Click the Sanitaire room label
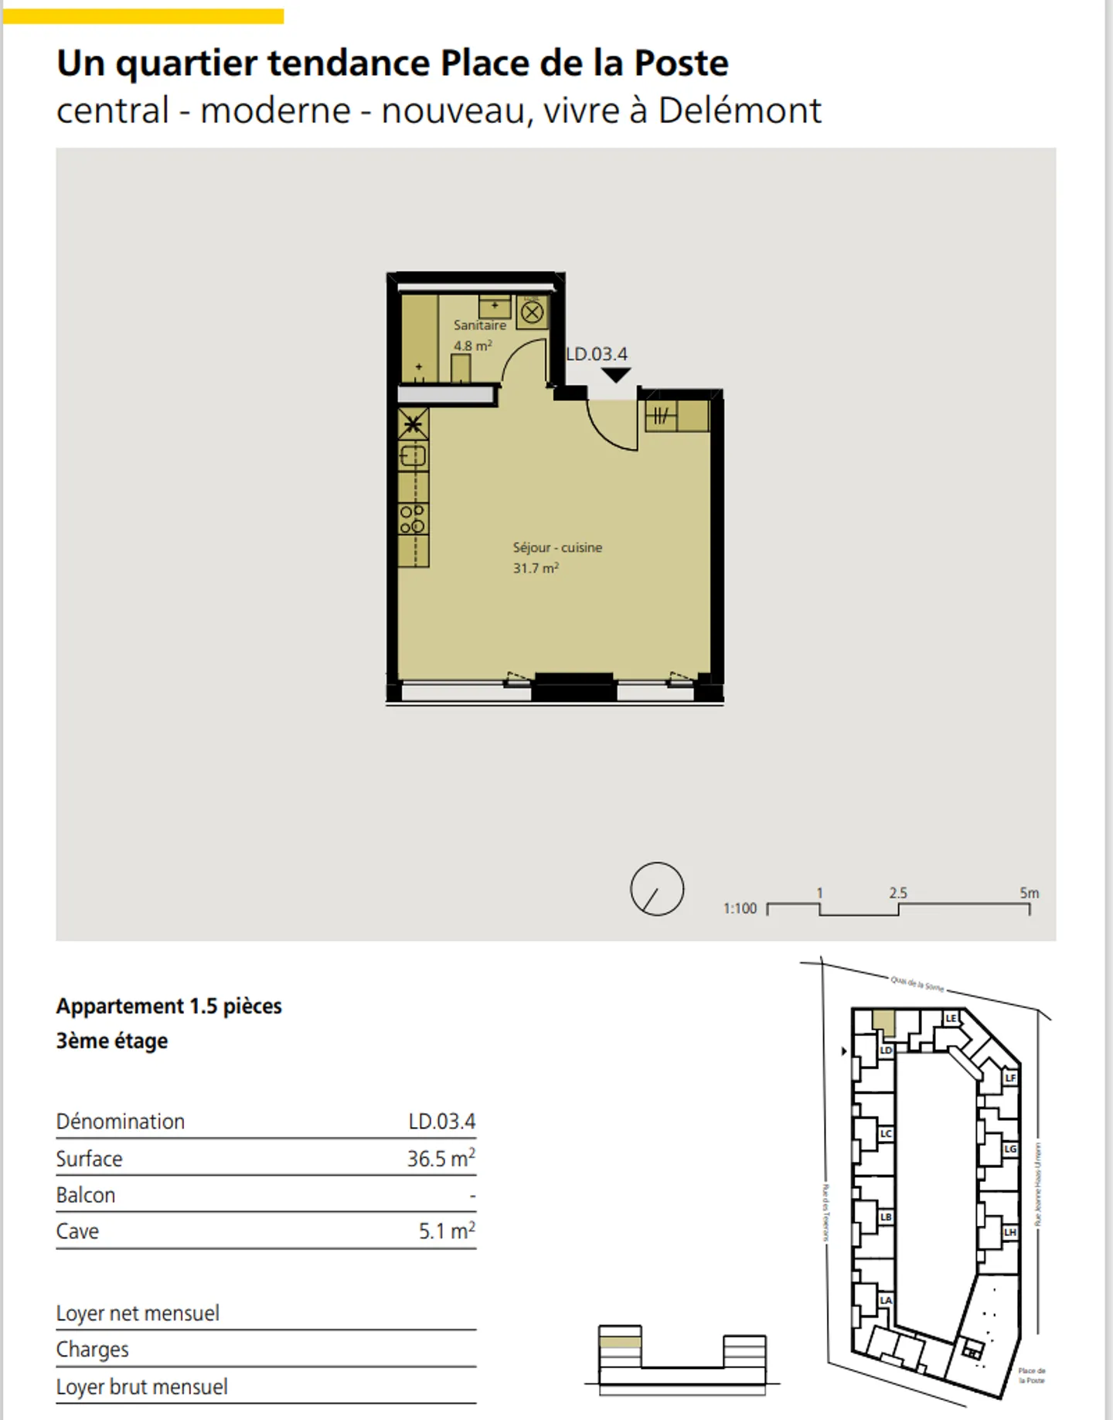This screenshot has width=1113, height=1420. point(479,325)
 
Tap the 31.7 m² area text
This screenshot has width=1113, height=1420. point(536,568)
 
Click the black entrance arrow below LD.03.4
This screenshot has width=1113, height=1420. point(616,376)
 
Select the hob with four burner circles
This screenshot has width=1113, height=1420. point(412,519)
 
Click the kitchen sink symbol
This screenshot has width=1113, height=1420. point(412,456)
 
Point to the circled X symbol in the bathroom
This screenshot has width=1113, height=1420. point(532,313)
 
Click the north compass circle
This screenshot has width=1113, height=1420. point(657,889)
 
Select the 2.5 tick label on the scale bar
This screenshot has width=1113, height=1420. point(897,893)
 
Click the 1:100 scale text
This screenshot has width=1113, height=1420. point(740,908)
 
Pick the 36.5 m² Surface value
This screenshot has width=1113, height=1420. point(441,1159)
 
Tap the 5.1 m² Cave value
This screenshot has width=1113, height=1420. point(446,1231)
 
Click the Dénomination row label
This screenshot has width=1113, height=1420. point(121,1122)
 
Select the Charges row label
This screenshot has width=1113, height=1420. point(93,1349)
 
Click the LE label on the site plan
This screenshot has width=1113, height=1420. point(951,1018)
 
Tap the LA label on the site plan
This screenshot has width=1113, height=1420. point(886,1300)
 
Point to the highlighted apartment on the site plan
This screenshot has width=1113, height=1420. point(883,1022)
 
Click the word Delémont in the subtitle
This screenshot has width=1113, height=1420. point(740,111)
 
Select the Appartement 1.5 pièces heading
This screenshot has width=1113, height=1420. point(169,1006)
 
